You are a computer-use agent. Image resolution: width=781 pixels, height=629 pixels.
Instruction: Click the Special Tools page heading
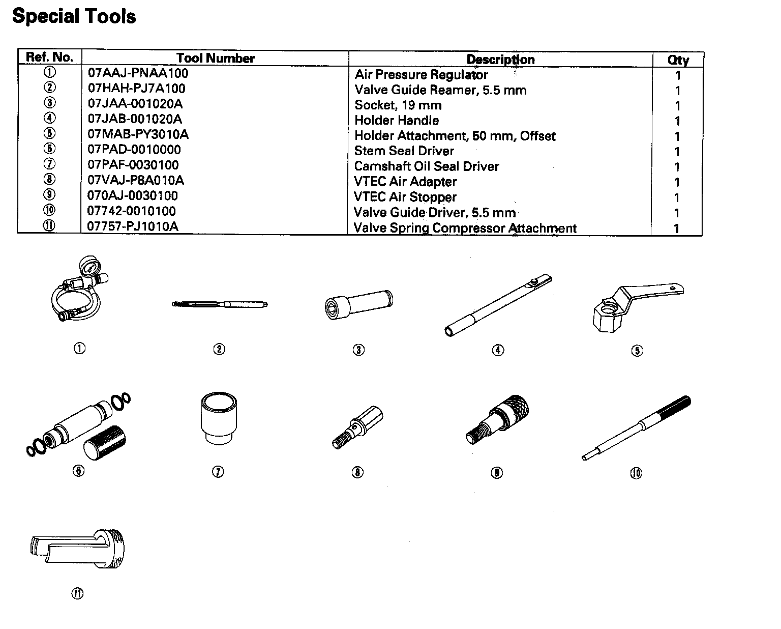pos(74,16)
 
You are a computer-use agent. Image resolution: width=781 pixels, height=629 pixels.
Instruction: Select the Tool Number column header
pos(215,58)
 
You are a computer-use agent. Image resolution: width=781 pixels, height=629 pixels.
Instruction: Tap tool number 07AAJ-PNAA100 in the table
pos(138,73)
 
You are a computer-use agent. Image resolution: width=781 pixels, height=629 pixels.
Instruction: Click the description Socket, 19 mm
pos(398,105)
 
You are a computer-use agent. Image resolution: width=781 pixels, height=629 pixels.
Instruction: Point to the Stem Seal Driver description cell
pos(404,151)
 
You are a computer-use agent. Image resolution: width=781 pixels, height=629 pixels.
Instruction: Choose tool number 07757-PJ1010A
pos(133,226)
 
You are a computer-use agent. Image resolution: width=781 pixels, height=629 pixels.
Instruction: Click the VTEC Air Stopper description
pos(405,197)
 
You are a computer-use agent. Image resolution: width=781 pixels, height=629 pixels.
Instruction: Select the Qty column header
pos(678,60)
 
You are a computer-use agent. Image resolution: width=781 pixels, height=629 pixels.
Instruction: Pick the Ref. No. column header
pos(49,57)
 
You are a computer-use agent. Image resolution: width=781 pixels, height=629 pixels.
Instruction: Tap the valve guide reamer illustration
pos(220,305)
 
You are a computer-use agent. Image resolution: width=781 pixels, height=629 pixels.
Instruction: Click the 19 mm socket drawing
pos(358,304)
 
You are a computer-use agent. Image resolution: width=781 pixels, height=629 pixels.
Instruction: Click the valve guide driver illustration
pos(636,428)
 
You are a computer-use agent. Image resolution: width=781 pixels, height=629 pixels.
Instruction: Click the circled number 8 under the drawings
pos(357,472)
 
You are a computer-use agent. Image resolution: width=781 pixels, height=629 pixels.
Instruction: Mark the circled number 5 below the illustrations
pos(637,350)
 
